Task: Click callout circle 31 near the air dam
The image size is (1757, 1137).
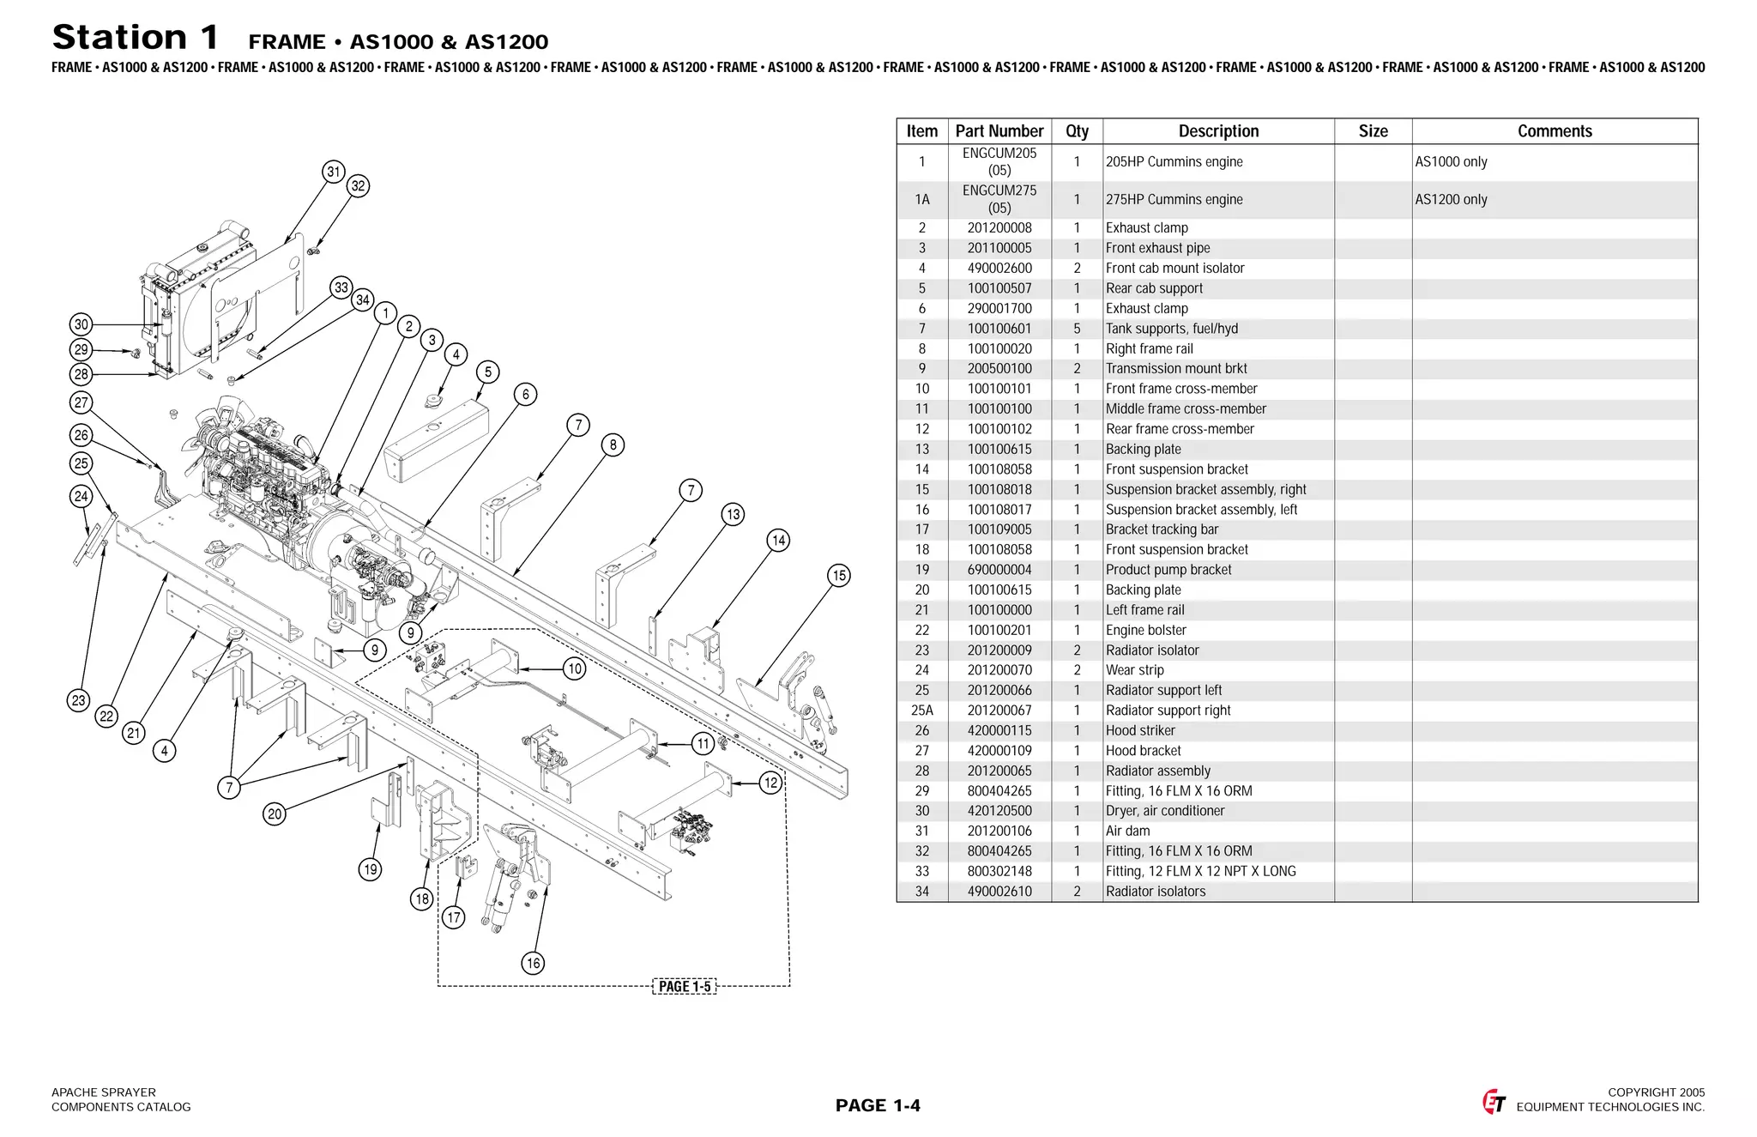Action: pos(334,172)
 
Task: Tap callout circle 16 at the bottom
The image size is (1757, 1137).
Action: pos(533,963)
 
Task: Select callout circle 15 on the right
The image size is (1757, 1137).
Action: pos(839,576)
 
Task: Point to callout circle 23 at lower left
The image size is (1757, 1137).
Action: pos(78,700)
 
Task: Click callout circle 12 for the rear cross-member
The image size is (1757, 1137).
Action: pos(771,783)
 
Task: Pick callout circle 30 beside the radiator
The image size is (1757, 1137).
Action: pos(81,324)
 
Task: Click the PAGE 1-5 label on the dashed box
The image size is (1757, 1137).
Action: pos(684,987)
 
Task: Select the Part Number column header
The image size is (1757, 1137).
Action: pos(999,131)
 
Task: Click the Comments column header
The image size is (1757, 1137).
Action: pos(1555,131)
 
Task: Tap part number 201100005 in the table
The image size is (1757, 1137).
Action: pos(999,248)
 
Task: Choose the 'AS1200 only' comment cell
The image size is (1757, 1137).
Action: pos(1451,200)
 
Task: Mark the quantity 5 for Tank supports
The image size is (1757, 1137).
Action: pos(1077,329)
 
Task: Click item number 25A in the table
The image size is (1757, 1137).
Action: pos(922,711)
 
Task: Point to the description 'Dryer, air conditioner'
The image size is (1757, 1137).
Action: pos(1164,811)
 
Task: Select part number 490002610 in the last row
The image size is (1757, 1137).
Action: pos(999,892)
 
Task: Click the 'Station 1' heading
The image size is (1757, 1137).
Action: pos(136,38)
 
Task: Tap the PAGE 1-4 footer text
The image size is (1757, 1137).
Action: pos(878,1105)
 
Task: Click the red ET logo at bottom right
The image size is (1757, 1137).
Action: pos(1494,1102)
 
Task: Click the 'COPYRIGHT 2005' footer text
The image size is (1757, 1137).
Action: pos(1656,1092)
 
